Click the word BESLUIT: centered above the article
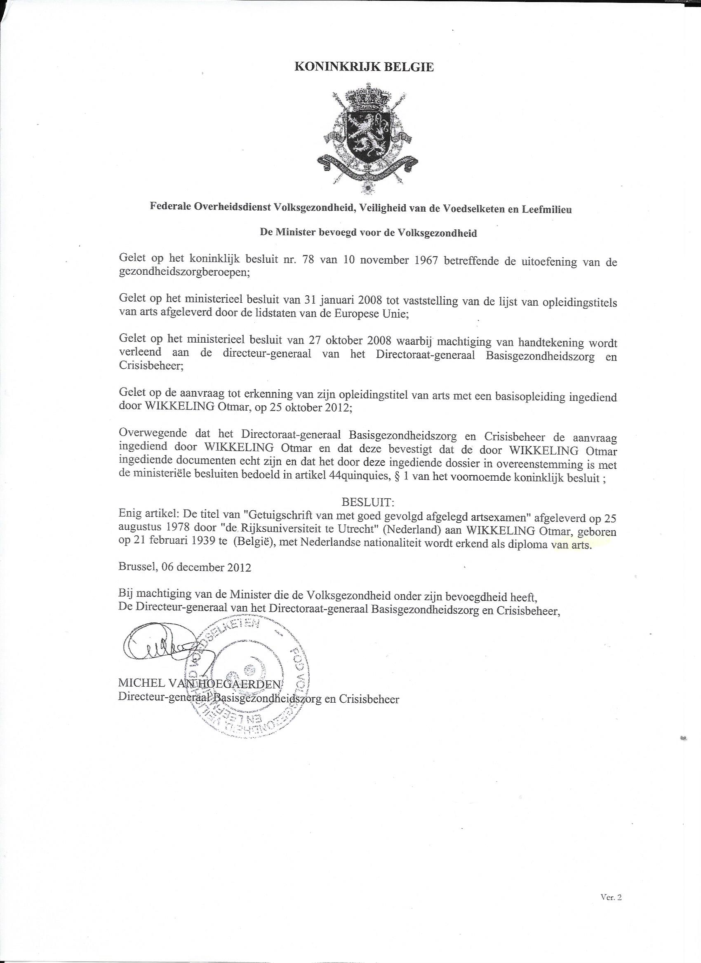tap(368, 503)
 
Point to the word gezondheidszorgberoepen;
tap(184, 273)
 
